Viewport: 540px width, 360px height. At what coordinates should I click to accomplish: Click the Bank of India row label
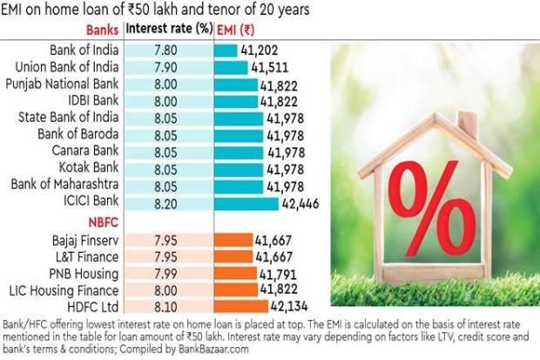80,51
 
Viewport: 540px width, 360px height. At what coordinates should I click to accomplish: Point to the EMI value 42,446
303,202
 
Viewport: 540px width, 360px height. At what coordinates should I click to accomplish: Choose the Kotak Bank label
87,168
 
